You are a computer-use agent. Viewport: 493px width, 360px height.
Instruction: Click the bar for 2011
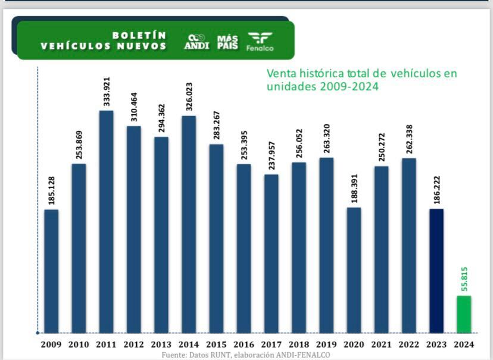click(x=106, y=221)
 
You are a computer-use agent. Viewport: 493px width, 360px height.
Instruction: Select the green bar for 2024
click(x=464, y=314)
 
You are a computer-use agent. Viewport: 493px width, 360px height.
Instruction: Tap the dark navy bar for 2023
click(x=436, y=271)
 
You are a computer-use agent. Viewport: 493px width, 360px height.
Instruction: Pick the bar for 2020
click(x=354, y=270)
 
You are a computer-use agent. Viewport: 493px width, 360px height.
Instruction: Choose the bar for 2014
click(x=189, y=224)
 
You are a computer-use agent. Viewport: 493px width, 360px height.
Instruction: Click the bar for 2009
click(x=52, y=271)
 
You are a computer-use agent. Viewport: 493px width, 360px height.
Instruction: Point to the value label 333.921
click(x=107, y=92)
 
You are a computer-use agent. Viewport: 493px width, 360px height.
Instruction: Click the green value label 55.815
click(x=464, y=276)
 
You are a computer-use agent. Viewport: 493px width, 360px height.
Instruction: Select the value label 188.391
click(x=354, y=188)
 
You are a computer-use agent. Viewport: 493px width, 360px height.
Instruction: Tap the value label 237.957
click(x=272, y=155)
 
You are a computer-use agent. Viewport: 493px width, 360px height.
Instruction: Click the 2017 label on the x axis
click(x=271, y=344)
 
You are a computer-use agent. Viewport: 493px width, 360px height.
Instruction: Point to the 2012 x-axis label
click(x=133, y=344)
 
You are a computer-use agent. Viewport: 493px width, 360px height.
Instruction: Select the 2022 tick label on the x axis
click(x=408, y=344)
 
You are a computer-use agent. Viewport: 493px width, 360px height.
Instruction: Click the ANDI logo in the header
click(x=197, y=41)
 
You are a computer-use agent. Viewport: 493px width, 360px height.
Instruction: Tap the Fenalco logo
click(x=260, y=41)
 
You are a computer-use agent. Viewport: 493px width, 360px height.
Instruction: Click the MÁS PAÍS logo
click(x=227, y=41)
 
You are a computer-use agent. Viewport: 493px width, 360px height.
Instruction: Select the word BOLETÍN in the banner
click(x=139, y=35)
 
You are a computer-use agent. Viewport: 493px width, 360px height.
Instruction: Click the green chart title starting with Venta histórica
click(x=362, y=80)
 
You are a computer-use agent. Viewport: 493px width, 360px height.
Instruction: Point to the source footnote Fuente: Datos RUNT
click(x=245, y=355)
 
